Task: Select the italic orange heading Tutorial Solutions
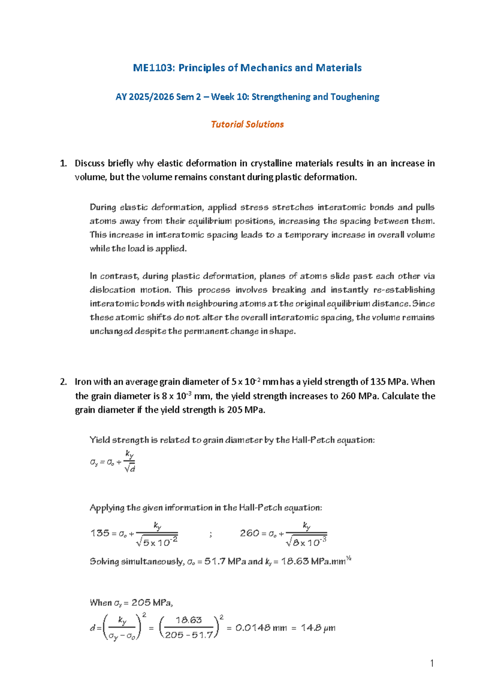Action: click(x=247, y=124)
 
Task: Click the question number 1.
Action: click(x=63, y=164)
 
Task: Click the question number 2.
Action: click(x=63, y=382)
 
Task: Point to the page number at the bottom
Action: click(x=431, y=663)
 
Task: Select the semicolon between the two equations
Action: click(x=211, y=534)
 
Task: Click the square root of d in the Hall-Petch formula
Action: click(x=130, y=468)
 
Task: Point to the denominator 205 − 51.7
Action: click(x=189, y=635)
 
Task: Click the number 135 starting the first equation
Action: click(x=100, y=533)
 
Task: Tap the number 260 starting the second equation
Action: click(x=250, y=533)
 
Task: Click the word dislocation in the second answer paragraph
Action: click(x=112, y=290)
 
